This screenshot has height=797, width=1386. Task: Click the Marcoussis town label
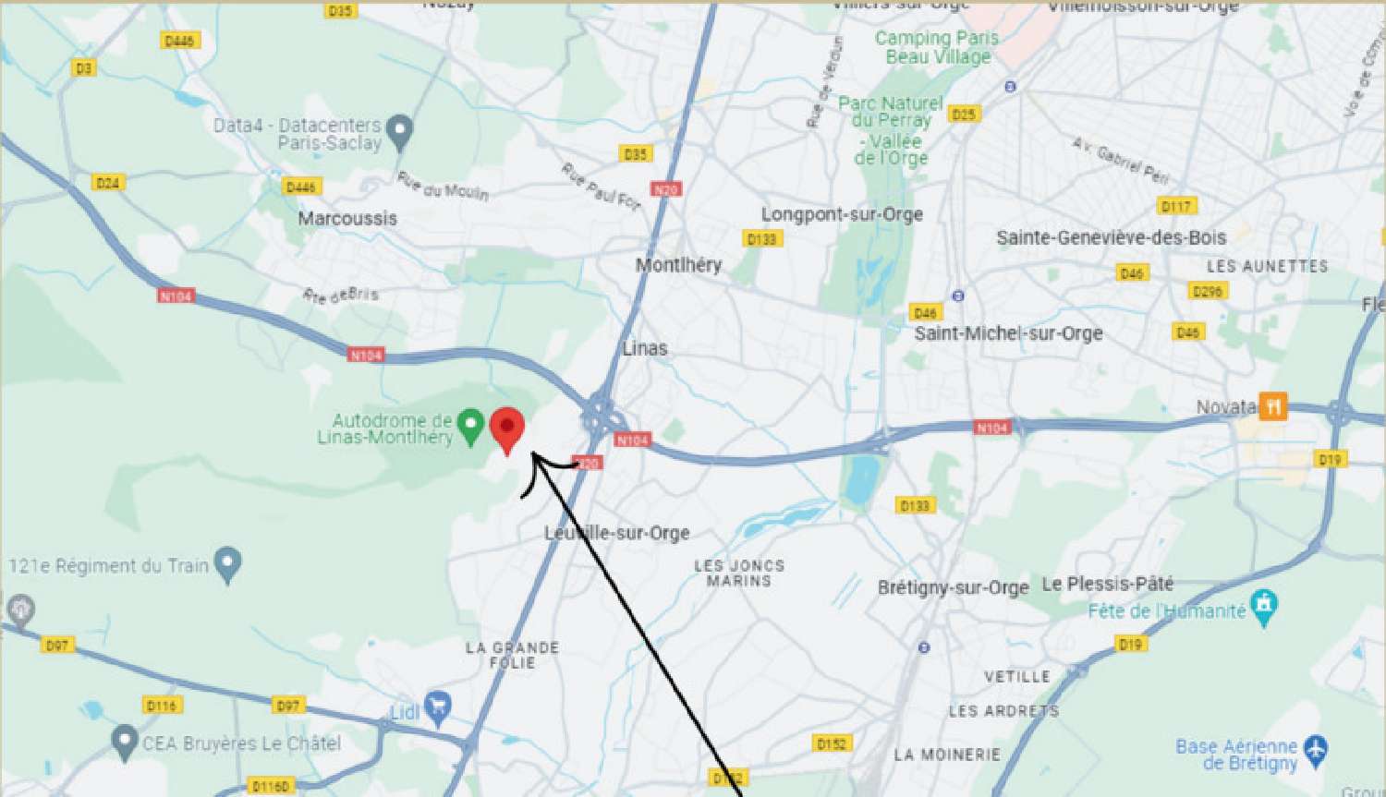coord(347,219)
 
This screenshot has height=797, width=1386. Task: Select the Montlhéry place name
coord(678,265)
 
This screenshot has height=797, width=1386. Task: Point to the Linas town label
coord(645,348)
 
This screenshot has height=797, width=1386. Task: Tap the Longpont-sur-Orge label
coord(842,214)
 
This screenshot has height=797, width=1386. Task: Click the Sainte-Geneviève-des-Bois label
coord(1111,237)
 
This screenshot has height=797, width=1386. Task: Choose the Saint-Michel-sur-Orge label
coord(1008,333)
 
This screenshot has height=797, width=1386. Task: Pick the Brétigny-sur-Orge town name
coord(953,587)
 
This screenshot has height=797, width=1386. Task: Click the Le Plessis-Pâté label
coord(1107,584)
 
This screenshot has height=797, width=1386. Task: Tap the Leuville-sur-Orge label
coord(616,533)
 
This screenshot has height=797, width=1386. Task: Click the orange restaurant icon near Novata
coord(1272,406)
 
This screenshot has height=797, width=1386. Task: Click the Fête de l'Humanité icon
coord(1263,607)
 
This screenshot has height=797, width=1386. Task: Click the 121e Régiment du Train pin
coord(227,563)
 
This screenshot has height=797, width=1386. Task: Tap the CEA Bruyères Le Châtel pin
coord(124,742)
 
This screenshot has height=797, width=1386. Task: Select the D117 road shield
coord(1175,206)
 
